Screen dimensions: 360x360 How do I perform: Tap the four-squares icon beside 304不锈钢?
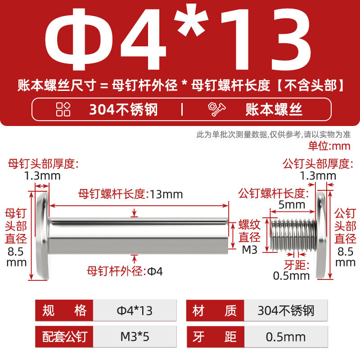coord(63,109)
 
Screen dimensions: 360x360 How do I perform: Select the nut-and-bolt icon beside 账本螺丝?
coord(216,109)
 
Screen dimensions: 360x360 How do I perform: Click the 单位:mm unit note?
coord(329,146)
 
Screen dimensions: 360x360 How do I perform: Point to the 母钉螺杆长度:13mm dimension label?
coord(130,194)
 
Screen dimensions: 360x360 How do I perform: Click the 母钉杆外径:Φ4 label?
coord(125,271)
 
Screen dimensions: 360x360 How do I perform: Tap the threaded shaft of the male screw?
coord(293,234)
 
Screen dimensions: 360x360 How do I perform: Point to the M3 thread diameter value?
coord(250,250)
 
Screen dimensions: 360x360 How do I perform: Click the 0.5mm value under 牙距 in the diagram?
coord(291,276)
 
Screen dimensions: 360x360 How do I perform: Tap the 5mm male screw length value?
coord(292,205)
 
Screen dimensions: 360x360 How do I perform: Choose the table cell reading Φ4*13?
coord(135,310)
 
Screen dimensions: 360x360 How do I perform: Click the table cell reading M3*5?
coord(135,337)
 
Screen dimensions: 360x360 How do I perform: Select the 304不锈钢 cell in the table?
coord(286,310)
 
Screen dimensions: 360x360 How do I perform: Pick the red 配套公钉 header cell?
coord(64,337)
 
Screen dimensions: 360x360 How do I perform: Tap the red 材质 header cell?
coord(215,310)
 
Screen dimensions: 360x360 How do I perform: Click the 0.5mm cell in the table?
coord(286,337)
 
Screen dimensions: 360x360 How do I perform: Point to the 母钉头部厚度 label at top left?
coord(43,164)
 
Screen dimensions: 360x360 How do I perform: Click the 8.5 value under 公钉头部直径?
coord(345,252)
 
